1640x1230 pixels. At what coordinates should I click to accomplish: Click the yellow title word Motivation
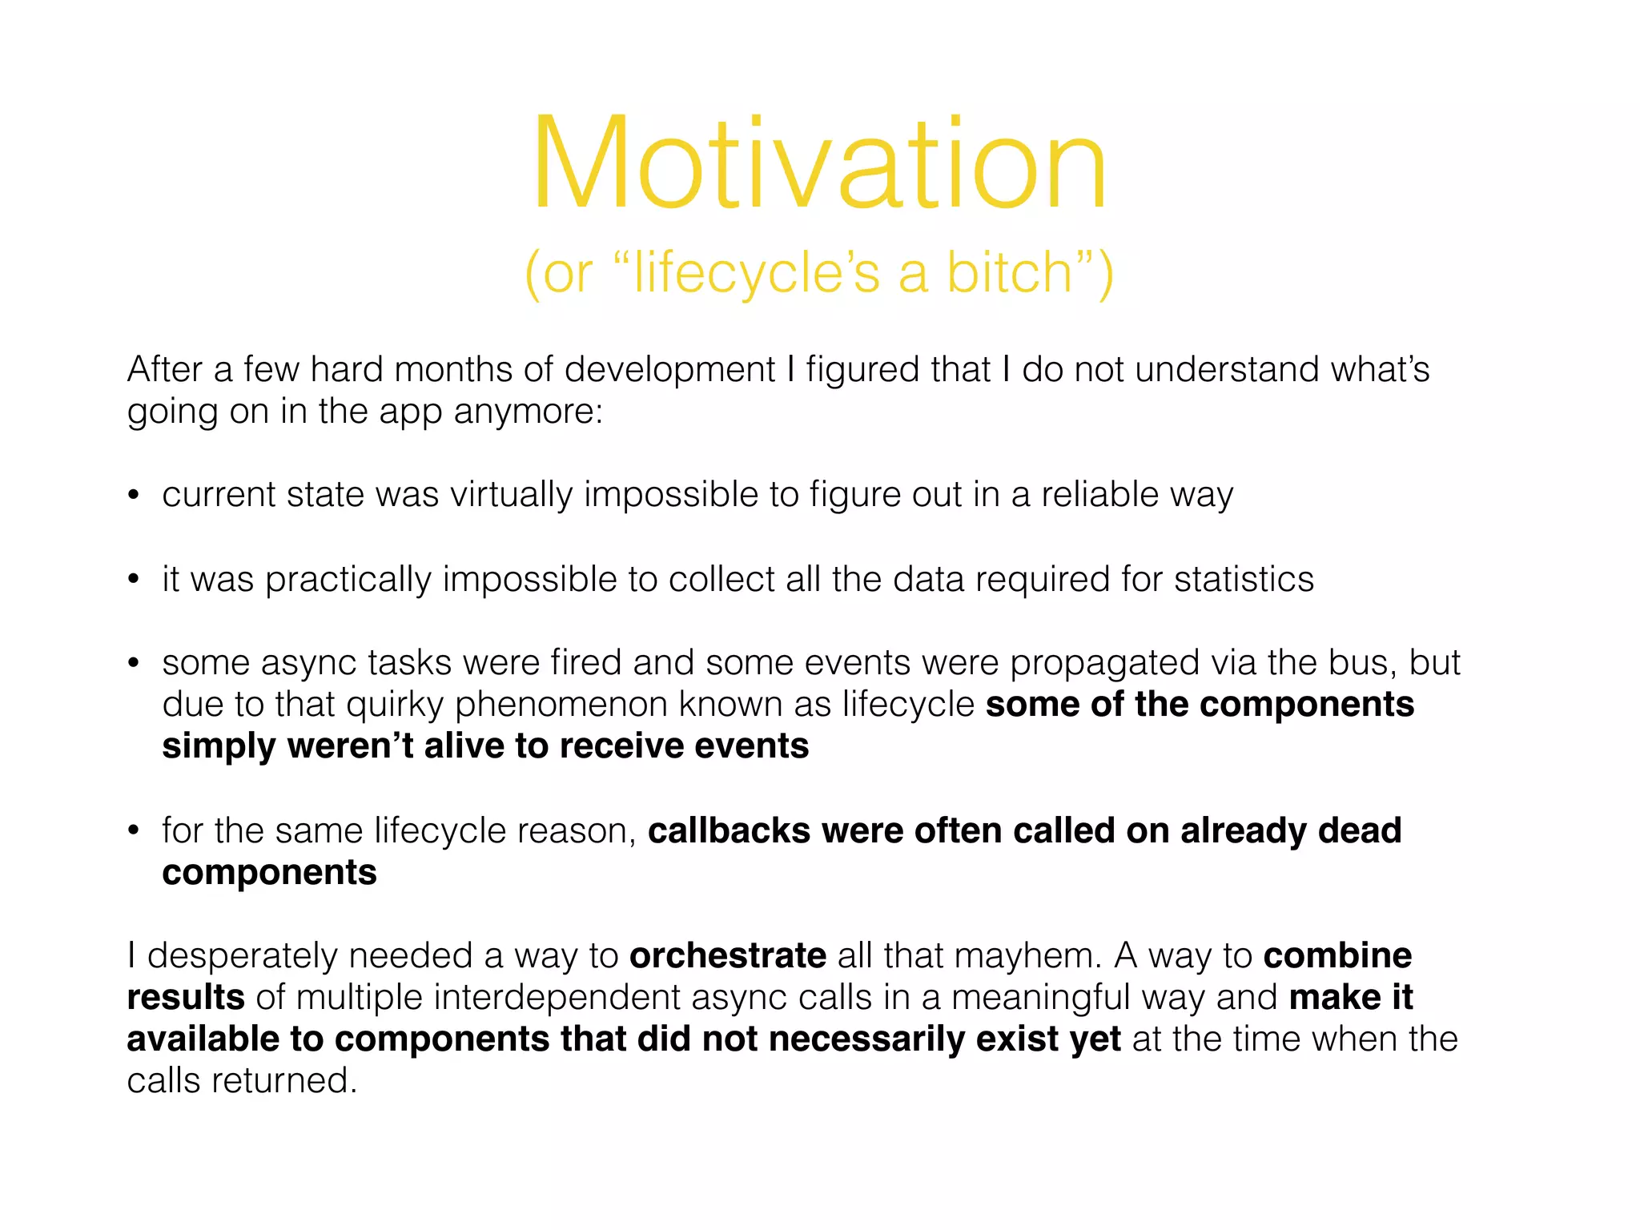[819, 163]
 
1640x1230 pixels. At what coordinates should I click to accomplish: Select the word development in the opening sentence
[669, 370]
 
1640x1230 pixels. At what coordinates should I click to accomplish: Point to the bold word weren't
[349, 746]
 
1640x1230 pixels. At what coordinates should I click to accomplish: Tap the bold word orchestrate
[728, 956]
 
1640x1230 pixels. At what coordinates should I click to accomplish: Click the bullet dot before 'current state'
[134, 496]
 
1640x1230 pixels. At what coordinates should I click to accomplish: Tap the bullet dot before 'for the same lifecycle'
[134, 831]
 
